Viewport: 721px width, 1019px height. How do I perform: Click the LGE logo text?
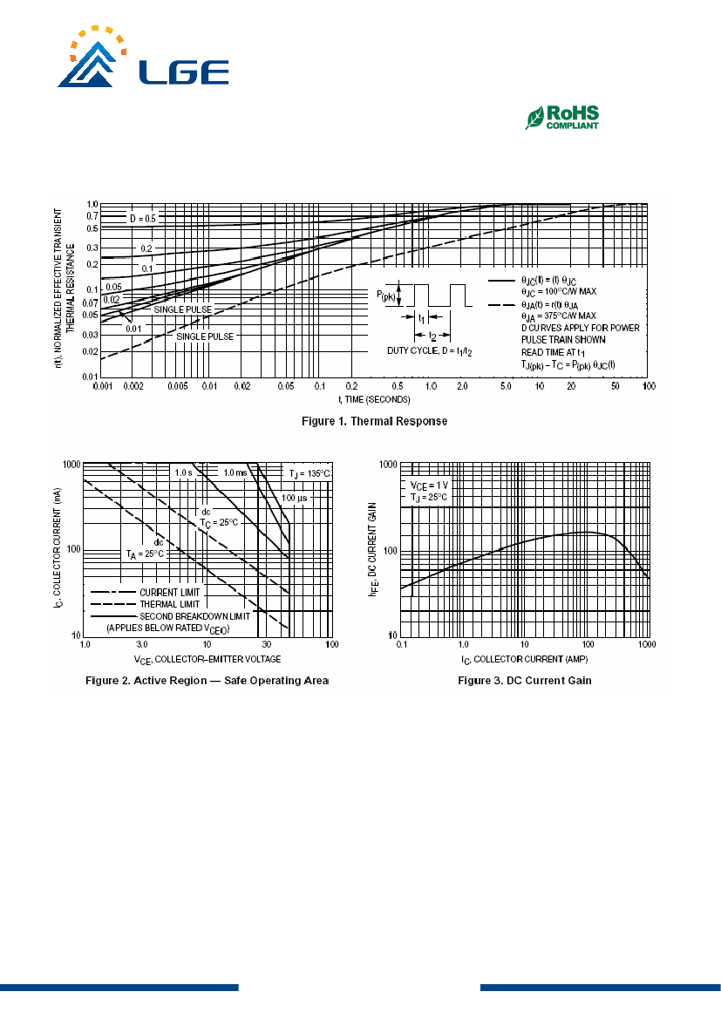[x=184, y=73]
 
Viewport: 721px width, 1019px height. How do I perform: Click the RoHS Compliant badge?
[x=562, y=118]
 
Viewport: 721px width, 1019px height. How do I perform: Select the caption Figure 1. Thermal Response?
[x=375, y=421]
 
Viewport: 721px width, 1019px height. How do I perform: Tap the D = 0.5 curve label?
[x=143, y=218]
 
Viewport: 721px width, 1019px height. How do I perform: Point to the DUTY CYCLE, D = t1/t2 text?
[x=430, y=351]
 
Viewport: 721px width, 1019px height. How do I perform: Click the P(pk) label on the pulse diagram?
[x=386, y=296]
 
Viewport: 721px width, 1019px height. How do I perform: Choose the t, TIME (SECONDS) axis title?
[x=375, y=400]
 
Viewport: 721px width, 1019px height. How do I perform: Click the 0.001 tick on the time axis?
[x=103, y=386]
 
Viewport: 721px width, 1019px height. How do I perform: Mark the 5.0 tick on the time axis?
[x=506, y=386]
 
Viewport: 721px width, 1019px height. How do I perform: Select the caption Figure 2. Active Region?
[x=207, y=681]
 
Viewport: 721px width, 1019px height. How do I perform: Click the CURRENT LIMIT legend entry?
[x=170, y=593]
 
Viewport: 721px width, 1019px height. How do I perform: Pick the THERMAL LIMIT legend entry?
[x=170, y=604]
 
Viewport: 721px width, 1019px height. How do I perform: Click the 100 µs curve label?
[x=294, y=499]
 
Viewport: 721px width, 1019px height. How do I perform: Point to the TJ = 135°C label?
[x=310, y=473]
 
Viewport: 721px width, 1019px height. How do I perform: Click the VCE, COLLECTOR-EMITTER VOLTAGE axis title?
[x=207, y=660]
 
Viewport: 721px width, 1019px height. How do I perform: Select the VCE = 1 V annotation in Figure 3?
[x=429, y=486]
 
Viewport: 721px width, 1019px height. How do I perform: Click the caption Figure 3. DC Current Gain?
[x=525, y=681]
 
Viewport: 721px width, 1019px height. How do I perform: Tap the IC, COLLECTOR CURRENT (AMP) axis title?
[x=525, y=660]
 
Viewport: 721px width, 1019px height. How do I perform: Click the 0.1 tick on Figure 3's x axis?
[x=402, y=645]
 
